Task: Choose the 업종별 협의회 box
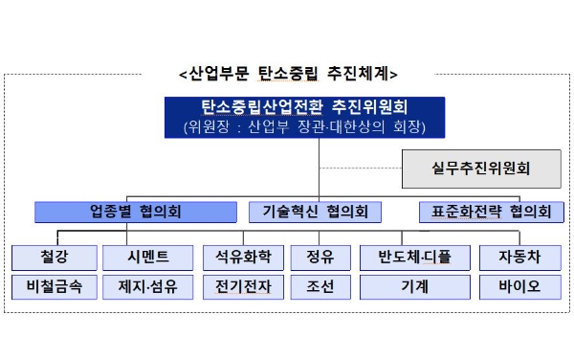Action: [x=134, y=212]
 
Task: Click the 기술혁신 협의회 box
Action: [x=315, y=212]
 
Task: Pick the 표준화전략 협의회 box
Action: [x=487, y=212]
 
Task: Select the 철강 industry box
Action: [x=55, y=257]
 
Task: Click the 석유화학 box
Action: [x=243, y=257]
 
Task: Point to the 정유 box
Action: [x=320, y=257]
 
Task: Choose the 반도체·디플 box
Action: [x=414, y=257]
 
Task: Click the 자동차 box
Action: [x=518, y=257]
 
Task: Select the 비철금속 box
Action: [x=55, y=285]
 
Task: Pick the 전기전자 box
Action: [x=243, y=285]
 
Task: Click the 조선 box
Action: [x=320, y=285]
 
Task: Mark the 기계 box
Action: [x=414, y=285]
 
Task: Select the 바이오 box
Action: [x=518, y=285]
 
